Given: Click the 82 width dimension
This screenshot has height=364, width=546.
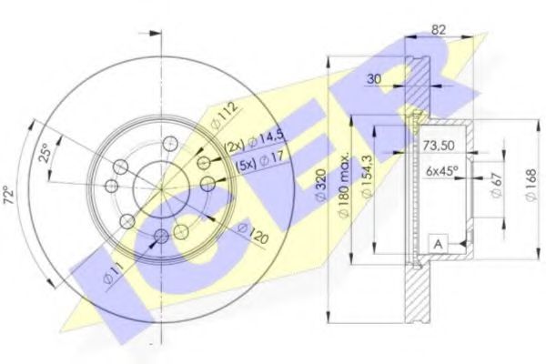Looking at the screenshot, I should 438,28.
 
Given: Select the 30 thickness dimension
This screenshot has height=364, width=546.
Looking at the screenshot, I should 371,79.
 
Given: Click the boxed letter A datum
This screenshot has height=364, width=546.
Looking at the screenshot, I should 439,243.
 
